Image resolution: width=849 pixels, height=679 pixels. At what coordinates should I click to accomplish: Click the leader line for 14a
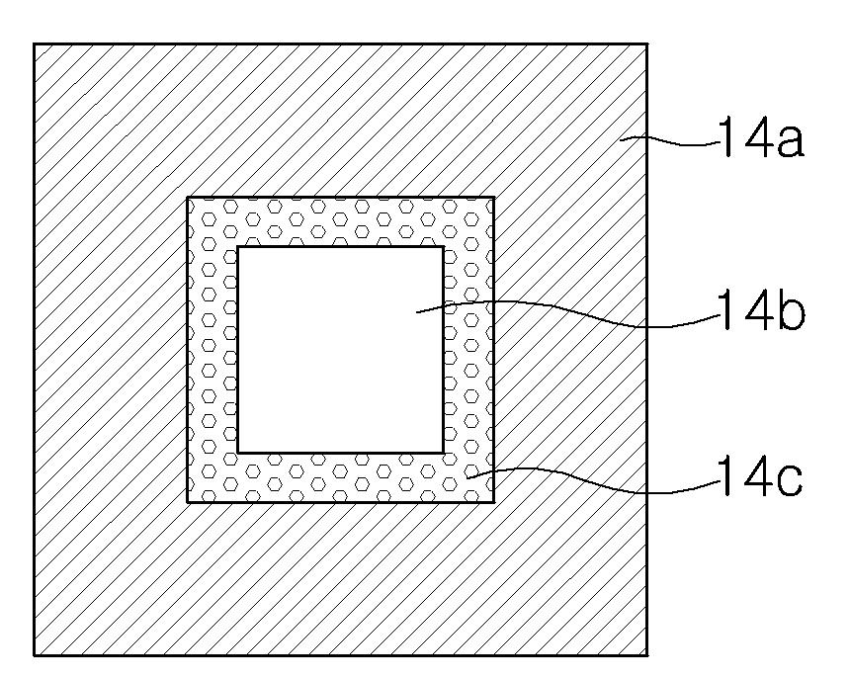point(672,143)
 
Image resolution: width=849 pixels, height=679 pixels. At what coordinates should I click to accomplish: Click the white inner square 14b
point(340,349)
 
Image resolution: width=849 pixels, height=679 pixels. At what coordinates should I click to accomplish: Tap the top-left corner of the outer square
point(35,44)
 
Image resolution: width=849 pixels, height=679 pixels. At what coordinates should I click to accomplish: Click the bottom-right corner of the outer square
point(647,654)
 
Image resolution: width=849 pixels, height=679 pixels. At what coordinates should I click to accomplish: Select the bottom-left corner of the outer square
point(35,654)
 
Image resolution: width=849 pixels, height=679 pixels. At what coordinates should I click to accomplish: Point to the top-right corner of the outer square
point(647,44)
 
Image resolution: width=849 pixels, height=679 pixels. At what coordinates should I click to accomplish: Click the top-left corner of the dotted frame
point(188,198)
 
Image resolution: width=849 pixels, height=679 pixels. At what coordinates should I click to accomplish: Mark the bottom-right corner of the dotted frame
point(493,501)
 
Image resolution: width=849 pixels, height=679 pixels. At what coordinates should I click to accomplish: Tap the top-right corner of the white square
point(442,247)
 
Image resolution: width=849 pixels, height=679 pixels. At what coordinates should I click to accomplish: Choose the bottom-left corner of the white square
point(238,452)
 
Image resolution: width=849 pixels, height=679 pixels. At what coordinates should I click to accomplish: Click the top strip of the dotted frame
point(340,222)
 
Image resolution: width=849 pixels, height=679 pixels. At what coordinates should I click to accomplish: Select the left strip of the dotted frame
point(212,349)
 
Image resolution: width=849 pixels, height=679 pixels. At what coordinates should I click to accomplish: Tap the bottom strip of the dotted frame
point(340,476)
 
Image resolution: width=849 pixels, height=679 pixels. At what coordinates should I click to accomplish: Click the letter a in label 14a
point(788,144)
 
